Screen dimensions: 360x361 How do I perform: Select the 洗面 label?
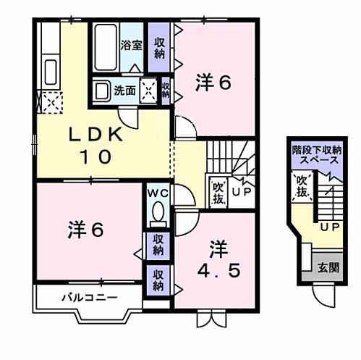tap(124, 91)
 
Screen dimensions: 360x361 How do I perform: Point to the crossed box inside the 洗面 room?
tap(149, 91)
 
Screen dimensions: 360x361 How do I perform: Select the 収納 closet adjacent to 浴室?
tap(158, 45)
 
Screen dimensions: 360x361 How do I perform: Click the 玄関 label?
tap(328, 267)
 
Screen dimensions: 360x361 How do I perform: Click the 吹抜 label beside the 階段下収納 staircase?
tap(301, 187)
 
